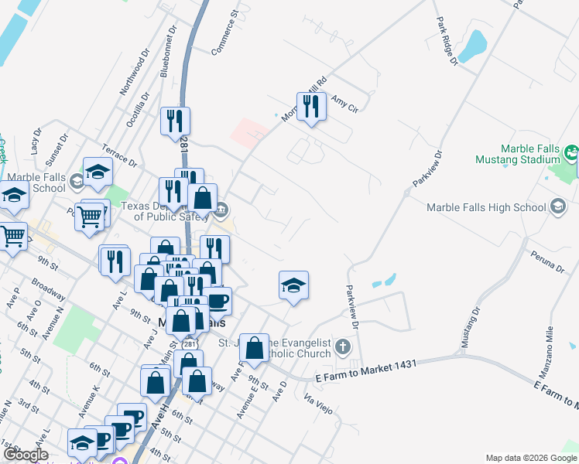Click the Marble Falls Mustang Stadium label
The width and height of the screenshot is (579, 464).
517,154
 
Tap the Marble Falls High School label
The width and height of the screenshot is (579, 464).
486,207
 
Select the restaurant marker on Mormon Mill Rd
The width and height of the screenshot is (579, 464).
311,107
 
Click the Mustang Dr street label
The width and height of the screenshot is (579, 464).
470,328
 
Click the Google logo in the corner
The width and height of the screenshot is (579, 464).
26,455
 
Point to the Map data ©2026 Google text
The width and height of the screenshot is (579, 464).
530,458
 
